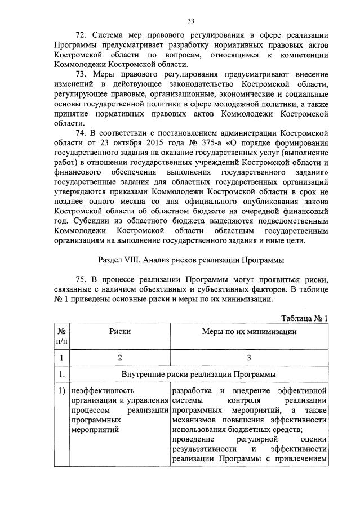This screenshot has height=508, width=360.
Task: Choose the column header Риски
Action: (x=120, y=332)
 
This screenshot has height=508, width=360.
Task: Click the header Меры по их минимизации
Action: (x=249, y=332)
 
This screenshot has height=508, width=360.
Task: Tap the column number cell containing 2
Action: (x=119, y=358)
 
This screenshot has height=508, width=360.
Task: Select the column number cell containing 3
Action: (x=249, y=358)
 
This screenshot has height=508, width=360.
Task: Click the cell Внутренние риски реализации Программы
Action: (x=198, y=375)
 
